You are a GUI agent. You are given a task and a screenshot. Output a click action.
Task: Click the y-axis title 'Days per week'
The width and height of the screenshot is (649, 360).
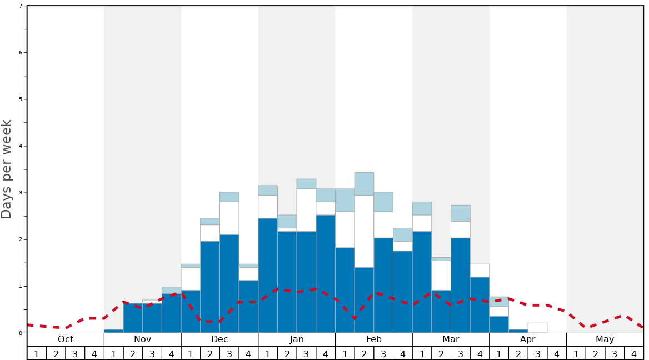7,169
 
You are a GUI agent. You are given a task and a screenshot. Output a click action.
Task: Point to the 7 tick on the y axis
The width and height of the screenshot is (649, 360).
21,6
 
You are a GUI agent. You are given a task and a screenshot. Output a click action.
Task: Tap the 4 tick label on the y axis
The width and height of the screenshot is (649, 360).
21,146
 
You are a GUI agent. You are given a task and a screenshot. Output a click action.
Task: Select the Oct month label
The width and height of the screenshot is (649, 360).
66,339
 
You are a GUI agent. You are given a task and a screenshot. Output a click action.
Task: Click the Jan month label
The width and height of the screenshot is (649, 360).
297,339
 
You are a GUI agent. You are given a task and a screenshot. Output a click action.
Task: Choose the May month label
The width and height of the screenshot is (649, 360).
605,339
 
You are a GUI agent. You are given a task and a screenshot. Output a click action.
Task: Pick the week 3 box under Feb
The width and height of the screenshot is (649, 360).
383,353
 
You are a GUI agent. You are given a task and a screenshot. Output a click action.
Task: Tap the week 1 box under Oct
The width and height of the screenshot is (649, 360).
37,353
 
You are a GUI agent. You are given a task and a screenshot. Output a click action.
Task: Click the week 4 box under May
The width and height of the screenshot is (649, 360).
634,353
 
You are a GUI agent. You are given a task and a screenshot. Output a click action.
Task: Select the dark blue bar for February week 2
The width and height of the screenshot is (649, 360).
364,300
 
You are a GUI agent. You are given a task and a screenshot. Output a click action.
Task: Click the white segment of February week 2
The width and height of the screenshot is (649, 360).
364,231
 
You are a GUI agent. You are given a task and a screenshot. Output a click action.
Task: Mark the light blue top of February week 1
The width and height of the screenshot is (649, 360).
345,200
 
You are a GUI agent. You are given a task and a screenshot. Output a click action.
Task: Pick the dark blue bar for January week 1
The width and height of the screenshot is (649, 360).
268,276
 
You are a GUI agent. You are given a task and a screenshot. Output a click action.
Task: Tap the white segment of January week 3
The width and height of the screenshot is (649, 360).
306,210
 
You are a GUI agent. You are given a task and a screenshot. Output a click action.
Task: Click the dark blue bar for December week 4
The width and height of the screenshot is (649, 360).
248,307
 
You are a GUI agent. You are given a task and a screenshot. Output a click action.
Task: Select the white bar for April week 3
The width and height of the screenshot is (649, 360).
537,328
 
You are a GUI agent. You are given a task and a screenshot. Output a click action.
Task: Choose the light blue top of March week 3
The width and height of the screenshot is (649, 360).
461,213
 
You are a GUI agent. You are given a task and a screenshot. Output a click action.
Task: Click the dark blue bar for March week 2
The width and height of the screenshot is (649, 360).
441,311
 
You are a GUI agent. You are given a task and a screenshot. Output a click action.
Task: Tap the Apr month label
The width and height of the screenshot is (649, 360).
528,339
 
